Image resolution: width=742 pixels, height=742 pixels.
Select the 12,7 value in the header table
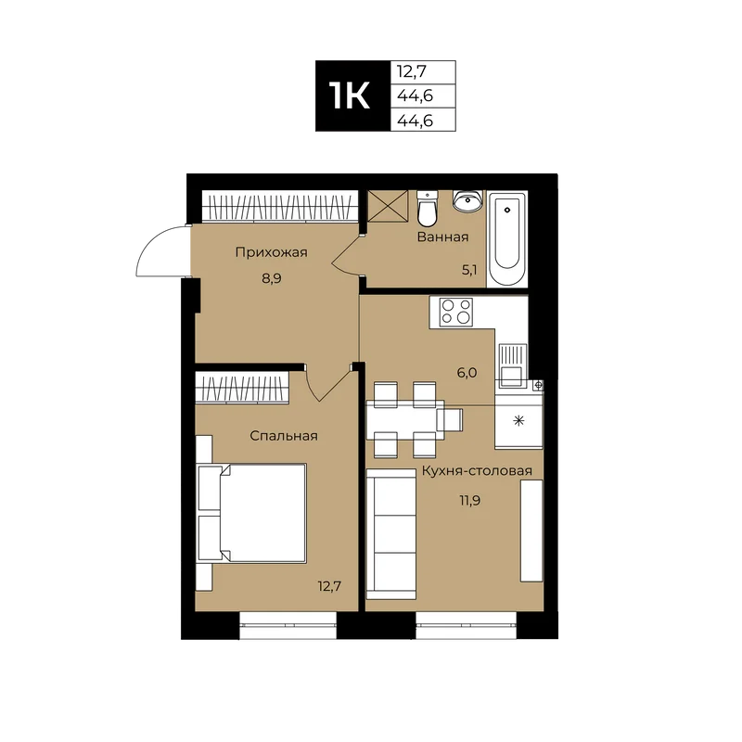pos(412,72)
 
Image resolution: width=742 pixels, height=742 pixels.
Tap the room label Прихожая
pos(271,252)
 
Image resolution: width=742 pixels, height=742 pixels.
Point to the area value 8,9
pos(272,278)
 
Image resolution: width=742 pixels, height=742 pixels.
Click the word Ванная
pos(442,237)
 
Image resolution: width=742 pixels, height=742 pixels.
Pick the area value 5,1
pos(469,270)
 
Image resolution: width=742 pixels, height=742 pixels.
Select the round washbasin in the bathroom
pos(468,201)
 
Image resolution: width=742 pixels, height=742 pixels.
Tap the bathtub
pos(506,238)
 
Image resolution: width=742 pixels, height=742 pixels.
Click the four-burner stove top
pos(456,313)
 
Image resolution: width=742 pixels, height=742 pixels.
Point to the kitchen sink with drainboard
pos(512,365)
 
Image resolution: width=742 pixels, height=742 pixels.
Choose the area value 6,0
pos(467,374)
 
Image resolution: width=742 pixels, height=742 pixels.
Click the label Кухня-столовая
pos(477,471)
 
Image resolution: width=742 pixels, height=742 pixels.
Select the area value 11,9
pos(470,501)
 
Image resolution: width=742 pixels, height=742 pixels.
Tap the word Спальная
pos(284,436)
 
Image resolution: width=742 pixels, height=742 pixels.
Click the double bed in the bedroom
pos(252,514)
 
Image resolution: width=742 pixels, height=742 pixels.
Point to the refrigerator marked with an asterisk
pos(519,420)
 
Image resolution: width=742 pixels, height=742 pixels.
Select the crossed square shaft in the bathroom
pos(388,206)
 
